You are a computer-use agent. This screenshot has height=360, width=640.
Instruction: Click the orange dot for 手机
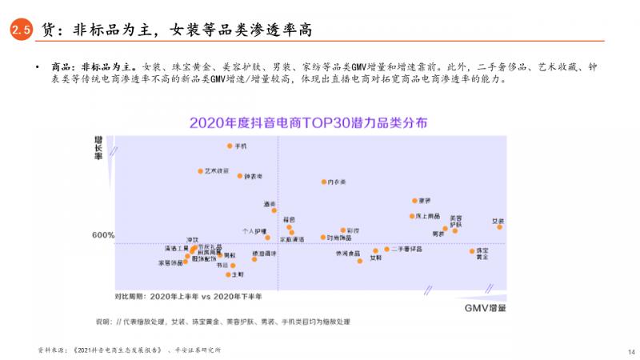click(x=230, y=146)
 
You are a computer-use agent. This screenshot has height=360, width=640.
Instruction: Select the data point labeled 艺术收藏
click(x=201, y=171)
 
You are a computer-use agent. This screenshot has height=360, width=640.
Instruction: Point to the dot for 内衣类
click(x=324, y=182)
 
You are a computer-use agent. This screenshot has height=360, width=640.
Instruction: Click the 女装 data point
click(x=499, y=226)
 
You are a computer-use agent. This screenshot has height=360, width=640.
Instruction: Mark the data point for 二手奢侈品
click(x=386, y=249)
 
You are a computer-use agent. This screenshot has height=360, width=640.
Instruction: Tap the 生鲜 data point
click(x=229, y=274)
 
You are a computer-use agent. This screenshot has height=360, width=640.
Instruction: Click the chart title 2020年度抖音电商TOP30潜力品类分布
click(x=308, y=123)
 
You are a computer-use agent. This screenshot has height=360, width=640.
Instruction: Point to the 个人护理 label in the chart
click(x=254, y=230)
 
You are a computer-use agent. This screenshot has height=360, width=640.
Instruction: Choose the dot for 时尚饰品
click(x=322, y=238)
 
